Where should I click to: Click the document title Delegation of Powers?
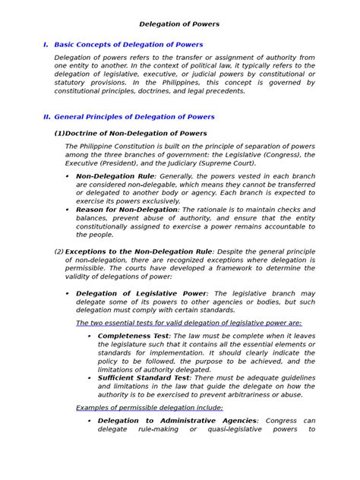[180, 24]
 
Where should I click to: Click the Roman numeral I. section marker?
[46, 46]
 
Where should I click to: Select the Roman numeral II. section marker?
[46, 117]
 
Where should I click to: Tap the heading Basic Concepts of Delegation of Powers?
[128, 46]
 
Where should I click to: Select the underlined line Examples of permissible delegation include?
[150, 407]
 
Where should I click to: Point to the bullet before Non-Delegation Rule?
[68, 176]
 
